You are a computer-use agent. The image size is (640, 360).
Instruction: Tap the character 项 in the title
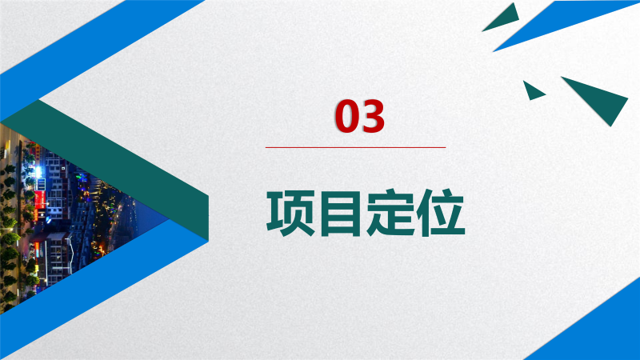(x=291, y=213)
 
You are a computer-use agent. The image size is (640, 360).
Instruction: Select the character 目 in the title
(x=342, y=213)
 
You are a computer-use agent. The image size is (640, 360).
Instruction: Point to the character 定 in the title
(x=390, y=213)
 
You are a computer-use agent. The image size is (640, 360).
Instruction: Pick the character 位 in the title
(x=441, y=213)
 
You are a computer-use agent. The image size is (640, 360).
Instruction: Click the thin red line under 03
(x=355, y=147)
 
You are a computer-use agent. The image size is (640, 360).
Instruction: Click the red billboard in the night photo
(x=39, y=199)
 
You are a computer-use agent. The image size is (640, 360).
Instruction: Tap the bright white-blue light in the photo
(x=38, y=172)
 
